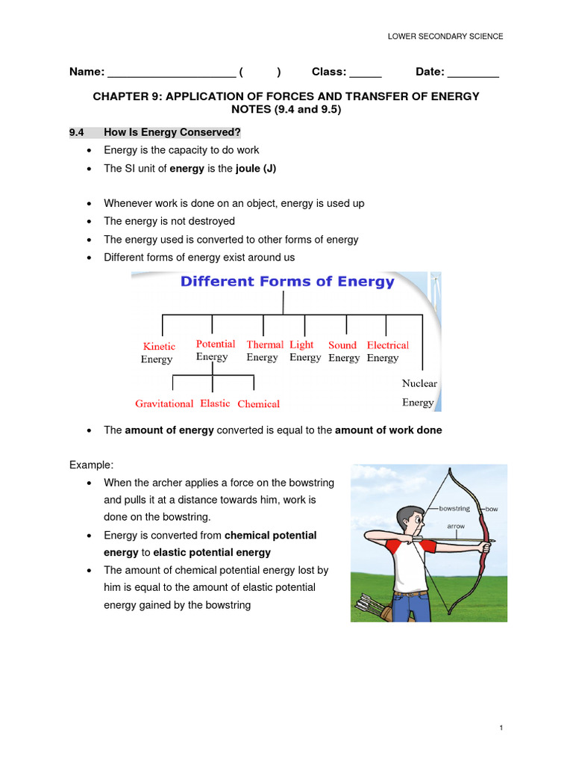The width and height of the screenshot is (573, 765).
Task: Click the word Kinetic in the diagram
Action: click(159, 347)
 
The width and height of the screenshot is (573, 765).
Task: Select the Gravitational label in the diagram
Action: click(164, 403)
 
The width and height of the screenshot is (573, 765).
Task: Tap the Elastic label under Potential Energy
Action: click(215, 403)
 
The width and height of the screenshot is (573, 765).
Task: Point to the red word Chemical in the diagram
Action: click(258, 404)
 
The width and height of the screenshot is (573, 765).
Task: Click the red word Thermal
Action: click(265, 344)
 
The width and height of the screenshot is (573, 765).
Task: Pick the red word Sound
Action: click(342, 345)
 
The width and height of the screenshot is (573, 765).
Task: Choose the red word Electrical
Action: click(388, 345)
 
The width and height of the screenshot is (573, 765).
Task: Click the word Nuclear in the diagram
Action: click(419, 383)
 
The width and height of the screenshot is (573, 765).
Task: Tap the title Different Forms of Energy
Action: click(287, 282)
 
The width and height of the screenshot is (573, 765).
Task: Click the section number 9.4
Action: click(76, 132)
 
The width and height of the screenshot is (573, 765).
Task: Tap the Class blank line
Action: click(366, 73)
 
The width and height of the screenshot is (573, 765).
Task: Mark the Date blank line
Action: click(474, 73)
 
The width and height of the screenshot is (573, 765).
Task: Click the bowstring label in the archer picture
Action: click(454, 509)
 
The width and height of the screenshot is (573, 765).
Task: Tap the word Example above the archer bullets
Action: click(90, 465)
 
